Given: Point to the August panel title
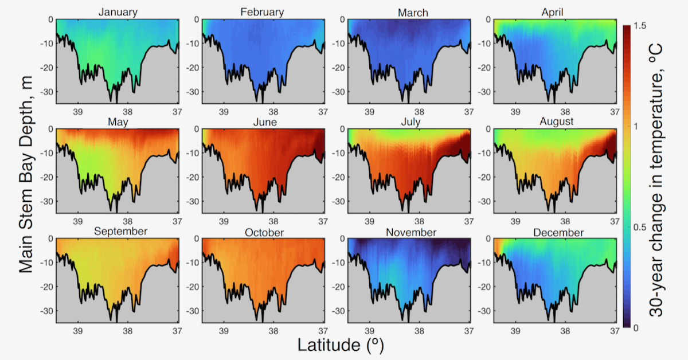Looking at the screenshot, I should pyautogui.click(x=556, y=122).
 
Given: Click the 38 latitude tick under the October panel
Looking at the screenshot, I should pyautogui.click(x=273, y=330).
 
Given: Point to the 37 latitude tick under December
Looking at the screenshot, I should pyautogui.click(x=615, y=330).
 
